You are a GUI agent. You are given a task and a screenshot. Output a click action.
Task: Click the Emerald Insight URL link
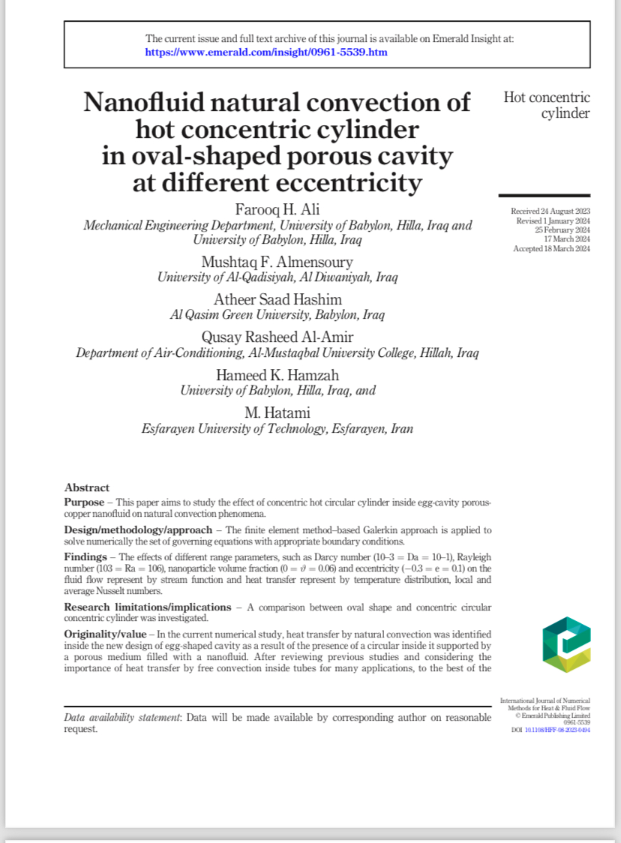point(265,53)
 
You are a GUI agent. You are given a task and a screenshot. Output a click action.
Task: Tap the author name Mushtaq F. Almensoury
point(277,261)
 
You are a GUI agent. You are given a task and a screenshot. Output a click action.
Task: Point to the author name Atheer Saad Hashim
point(277,299)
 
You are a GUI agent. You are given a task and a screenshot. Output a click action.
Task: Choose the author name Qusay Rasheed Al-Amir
point(277,337)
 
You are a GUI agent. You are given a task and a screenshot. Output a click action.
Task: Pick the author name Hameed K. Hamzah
point(277,375)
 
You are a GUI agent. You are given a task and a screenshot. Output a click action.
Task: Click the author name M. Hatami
point(277,412)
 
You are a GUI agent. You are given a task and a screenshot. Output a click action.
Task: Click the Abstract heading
point(87,487)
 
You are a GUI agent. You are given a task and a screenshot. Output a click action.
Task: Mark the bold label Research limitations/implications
point(147,606)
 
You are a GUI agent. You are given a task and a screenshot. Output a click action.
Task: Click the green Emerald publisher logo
point(566,644)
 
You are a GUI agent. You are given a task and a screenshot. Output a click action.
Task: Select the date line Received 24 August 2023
point(550,212)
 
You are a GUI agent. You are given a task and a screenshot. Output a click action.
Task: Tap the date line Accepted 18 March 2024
point(551,248)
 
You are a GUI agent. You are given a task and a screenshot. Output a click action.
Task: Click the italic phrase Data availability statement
point(122,718)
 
